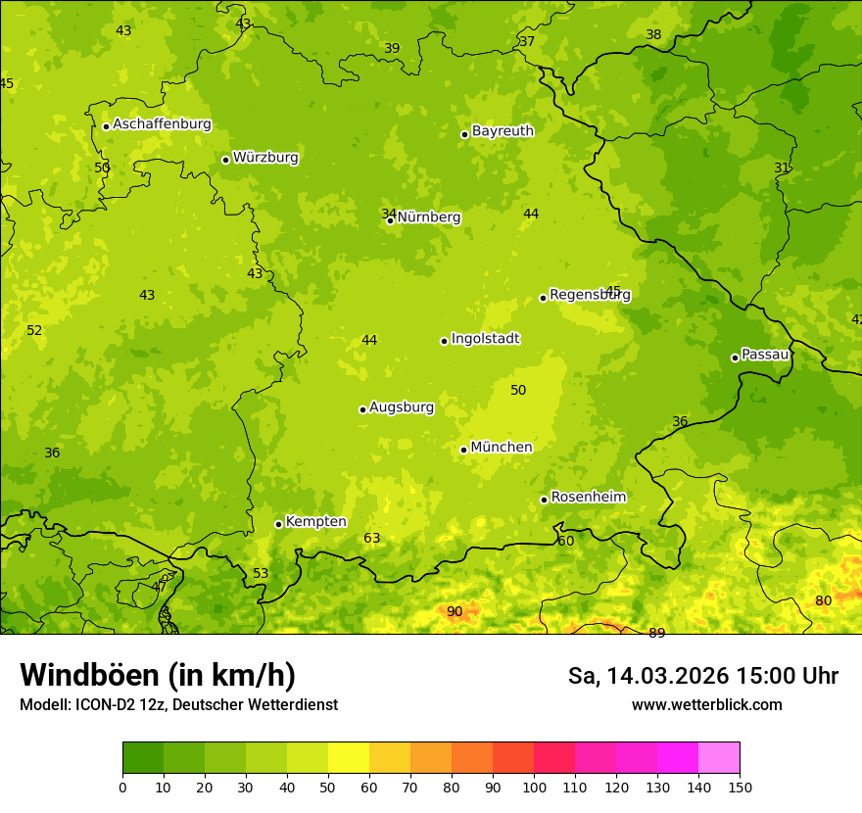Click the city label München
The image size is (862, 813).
coord(502,448)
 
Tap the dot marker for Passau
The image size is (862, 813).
coord(735,358)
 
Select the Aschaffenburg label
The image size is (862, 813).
coord(162,124)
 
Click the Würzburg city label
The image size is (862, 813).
coord(265,158)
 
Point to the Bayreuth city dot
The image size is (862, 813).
coord(464,134)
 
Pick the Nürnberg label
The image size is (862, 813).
coord(429,217)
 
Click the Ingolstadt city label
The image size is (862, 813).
coord(485,339)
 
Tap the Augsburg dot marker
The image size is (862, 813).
coord(362,409)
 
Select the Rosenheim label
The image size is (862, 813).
coord(588,498)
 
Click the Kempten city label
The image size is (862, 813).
coord(315,522)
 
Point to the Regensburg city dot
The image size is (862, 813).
coord(543,298)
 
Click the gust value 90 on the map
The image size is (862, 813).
coord(455,612)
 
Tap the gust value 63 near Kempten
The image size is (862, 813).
coord(372,539)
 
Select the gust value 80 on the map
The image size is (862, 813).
coord(824,601)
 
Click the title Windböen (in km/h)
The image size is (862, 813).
coord(158,676)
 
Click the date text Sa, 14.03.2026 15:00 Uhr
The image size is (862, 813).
coord(702,676)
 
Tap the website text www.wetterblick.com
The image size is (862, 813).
coord(706,705)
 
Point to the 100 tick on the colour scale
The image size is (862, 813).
coord(534,787)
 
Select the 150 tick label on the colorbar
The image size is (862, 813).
coord(740,787)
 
